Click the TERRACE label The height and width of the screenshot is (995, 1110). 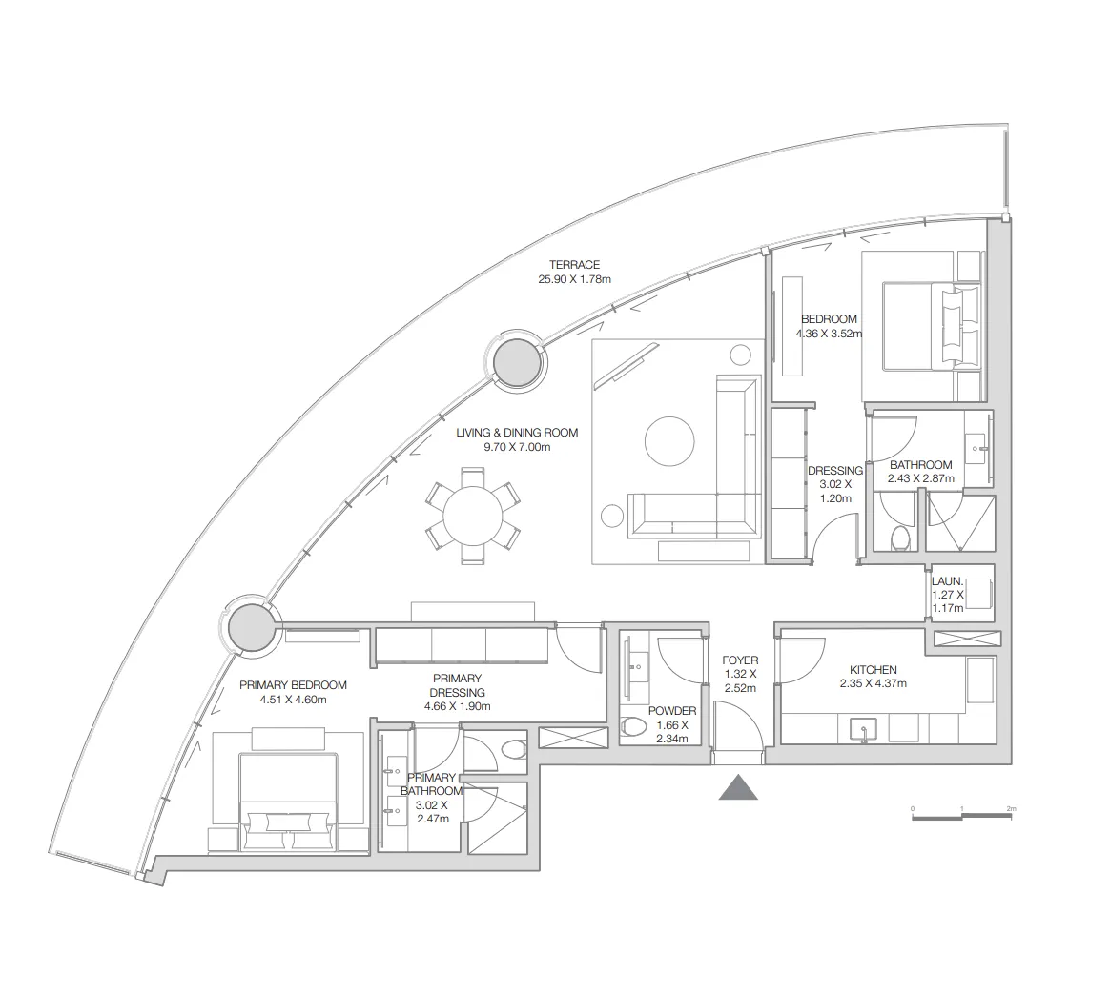[574, 265]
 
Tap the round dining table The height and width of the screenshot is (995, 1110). [473, 516]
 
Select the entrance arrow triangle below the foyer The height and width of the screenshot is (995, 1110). [738, 787]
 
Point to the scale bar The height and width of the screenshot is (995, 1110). [962, 816]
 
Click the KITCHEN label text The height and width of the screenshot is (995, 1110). [873, 669]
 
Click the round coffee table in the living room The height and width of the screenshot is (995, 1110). [669, 441]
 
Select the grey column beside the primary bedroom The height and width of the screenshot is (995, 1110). [252, 626]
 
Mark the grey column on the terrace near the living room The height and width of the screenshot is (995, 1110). [517, 361]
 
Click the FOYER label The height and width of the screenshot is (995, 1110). [740, 660]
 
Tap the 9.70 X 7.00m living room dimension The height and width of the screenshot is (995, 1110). [517, 447]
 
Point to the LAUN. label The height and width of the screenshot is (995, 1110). [947, 581]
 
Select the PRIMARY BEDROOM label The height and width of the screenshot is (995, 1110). [293, 685]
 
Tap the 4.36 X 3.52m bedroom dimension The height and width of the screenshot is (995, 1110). [829, 334]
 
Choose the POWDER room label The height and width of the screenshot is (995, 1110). [671, 711]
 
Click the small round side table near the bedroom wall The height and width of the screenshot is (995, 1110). [740, 354]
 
